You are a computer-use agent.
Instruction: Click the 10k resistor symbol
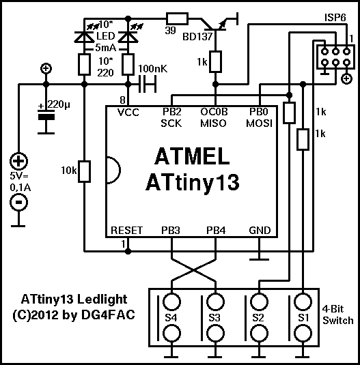point(84,171)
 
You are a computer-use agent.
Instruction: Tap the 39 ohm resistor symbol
point(177,18)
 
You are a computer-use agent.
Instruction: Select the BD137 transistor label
point(197,37)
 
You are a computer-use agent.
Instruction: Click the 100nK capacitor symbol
point(148,84)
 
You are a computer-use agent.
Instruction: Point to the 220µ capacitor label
point(59,104)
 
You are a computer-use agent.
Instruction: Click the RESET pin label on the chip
point(126,231)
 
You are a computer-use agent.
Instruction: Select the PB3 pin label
point(171,231)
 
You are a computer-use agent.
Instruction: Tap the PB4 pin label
point(216,231)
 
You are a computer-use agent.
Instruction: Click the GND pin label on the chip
point(260,231)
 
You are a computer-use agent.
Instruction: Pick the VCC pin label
point(128,113)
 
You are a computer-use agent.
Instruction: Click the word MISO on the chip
point(213,123)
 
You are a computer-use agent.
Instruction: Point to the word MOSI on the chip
point(259,123)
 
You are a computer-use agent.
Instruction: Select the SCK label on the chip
point(171,123)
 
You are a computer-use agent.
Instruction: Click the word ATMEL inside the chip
point(192,156)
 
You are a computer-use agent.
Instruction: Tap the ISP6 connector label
point(335,18)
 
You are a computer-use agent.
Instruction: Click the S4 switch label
point(171,318)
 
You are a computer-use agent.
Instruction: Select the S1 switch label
point(303,318)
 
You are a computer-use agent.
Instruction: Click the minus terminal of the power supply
point(18,202)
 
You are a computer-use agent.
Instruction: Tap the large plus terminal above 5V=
point(18,161)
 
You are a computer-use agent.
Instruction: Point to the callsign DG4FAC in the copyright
point(108,315)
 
